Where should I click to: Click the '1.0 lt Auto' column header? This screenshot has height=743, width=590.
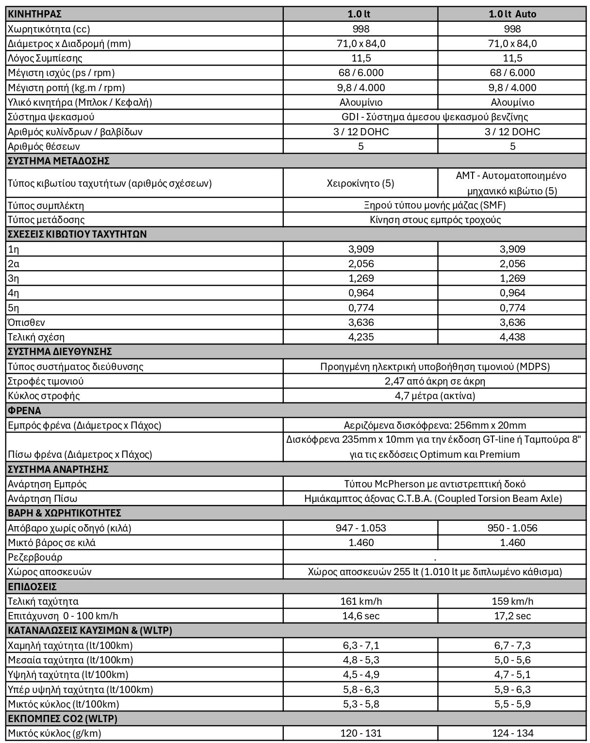[512, 14]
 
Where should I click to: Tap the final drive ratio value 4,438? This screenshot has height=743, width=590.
[512, 337]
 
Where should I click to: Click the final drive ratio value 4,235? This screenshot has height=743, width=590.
[361, 337]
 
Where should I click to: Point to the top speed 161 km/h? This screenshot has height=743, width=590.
[361, 601]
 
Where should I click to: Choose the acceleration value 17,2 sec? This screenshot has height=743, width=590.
[512, 616]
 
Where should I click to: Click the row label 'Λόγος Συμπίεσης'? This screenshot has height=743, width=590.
[45, 58]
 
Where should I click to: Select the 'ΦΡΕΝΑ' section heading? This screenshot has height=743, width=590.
[25, 411]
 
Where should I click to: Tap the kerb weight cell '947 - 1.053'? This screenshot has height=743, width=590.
[361, 528]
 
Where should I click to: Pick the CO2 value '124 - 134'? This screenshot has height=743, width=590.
[512, 733]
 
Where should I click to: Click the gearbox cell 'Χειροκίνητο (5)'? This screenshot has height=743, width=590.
[361, 183]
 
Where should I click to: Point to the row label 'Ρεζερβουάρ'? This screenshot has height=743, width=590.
[35, 557]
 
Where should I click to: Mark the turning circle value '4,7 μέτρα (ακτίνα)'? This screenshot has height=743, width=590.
[435, 396]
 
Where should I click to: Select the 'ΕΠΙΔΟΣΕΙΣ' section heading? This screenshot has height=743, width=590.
[33, 587]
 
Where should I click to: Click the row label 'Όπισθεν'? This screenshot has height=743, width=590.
[27, 323]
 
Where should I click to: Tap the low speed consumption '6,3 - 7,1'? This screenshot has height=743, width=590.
[361, 646]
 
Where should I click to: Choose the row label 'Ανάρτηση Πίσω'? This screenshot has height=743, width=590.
[43, 499]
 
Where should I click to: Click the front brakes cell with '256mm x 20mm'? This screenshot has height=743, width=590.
[435, 425]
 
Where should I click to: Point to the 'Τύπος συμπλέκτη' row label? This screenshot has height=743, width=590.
[46, 206]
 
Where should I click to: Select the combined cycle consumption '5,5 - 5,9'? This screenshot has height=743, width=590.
[512, 704]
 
